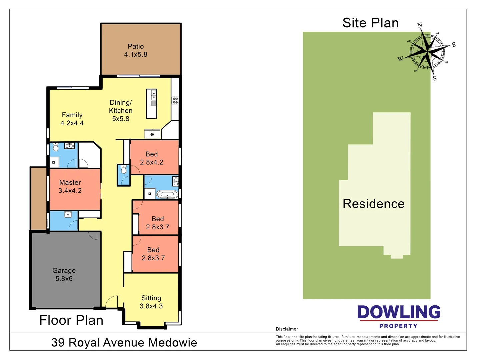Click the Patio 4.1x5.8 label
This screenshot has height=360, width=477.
(x=136, y=50)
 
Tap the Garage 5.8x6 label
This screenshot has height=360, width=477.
(x=64, y=275)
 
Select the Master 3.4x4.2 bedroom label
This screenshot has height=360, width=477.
(x=70, y=187)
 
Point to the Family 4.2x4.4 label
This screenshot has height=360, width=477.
(x=72, y=119)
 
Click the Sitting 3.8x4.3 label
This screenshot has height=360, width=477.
(x=151, y=302)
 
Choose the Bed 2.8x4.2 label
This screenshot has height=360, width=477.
(x=152, y=158)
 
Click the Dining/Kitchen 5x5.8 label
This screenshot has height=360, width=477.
(x=121, y=110)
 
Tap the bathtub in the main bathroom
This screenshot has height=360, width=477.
(x=167, y=194)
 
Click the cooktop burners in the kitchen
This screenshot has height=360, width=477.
(x=175, y=100)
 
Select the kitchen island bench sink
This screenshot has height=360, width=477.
(x=153, y=95)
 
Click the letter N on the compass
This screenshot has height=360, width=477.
(x=420, y=25)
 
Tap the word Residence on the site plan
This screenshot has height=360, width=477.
(x=373, y=204)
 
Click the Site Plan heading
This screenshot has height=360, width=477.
(x=370, y=23)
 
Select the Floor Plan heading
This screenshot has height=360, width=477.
(x=71, y=320)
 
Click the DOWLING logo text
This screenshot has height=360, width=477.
(x=399, y=312)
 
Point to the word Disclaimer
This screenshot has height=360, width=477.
(x=287, y=329)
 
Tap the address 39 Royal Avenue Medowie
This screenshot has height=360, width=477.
(x=124, y=342)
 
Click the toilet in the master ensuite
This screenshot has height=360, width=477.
(x=56, y=147)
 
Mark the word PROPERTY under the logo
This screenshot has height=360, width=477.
(x=398, y=326)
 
